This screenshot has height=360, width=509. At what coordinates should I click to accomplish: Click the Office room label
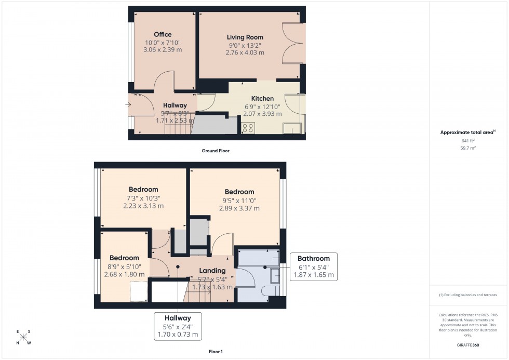click(163, 35)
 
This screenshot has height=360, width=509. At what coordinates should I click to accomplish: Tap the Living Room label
click(245, 37)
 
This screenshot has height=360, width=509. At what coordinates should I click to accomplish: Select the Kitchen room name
click(262, 99)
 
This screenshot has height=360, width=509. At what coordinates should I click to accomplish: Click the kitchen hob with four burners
click(248, 128)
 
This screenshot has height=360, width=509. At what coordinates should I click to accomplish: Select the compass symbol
click(23, 337)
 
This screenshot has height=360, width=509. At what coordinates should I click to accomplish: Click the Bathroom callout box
click(313, 266)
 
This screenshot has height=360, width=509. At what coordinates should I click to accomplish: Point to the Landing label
click(212, 271)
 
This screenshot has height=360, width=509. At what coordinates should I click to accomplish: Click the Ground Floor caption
click(216, 151)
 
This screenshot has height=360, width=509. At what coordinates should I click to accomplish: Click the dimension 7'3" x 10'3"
click(143, 198)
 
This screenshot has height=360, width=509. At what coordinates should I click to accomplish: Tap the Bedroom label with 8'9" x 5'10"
click(124, 258)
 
